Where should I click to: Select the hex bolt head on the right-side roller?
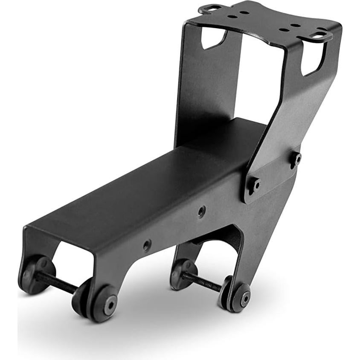244,299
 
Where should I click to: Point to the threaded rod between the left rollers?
55,282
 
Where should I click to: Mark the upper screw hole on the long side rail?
201,211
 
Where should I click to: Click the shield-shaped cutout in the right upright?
313,60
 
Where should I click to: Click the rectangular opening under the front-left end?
73,256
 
